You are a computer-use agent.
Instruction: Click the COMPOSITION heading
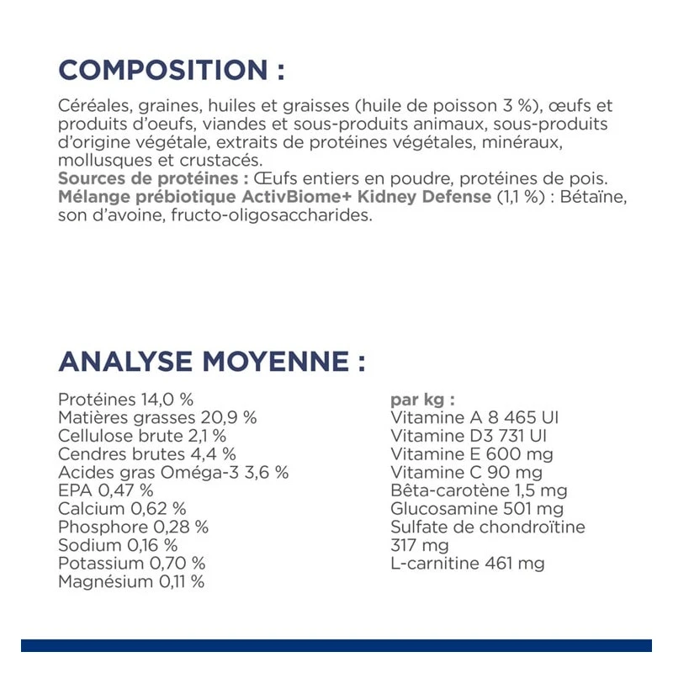tap(172, 69)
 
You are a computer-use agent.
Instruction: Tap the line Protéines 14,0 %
tap(126, 399)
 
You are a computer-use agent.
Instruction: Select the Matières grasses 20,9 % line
tap(157, 417)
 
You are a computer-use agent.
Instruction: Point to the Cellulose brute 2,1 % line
tap(142, 436)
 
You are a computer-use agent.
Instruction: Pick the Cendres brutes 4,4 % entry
tap(147, 454)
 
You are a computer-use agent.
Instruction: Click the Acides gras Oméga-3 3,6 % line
tap(173, 472)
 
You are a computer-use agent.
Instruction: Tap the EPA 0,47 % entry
tap(106, 490)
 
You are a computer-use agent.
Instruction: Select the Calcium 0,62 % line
tap(123, 508)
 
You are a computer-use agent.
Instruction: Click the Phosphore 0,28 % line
tap(134, 527)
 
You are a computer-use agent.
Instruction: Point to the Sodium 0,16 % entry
tap(118, 545)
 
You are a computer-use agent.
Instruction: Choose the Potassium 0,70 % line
tap(132, 563)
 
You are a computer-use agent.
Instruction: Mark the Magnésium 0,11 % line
tap(131, 581)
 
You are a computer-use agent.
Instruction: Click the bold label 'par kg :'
tap(423, 400)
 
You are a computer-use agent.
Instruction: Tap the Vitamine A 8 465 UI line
tap(474, 417)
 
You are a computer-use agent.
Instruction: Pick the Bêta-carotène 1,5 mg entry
tap(479, 490)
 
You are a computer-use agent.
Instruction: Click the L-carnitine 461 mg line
tap(468, 563)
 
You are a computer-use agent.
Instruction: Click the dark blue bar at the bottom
tap(336, 645)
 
